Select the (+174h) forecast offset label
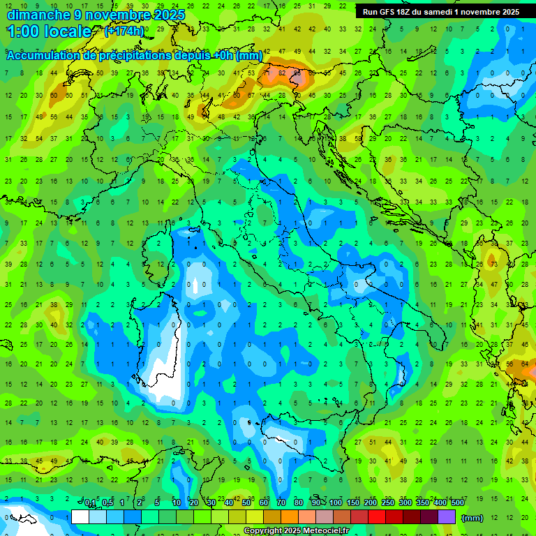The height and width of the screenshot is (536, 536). [x=124, y=31]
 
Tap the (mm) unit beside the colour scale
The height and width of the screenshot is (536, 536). [x=472, y=518]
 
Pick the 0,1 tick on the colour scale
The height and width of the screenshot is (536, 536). [x=90, y=503]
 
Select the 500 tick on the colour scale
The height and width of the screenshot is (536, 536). [x=457, y=503]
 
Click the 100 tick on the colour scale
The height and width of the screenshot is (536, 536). [x=336, y=503]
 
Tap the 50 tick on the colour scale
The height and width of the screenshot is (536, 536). [x=246, y=503]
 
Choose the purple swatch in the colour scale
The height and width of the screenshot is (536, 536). [x=447, y=517]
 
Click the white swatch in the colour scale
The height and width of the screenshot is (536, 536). [x=80, y=517]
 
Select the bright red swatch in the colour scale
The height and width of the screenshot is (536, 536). [x=377, y=517]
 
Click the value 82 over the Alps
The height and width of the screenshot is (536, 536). [x=281, y=72]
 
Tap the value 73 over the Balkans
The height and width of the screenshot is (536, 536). [x=493, y=265]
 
